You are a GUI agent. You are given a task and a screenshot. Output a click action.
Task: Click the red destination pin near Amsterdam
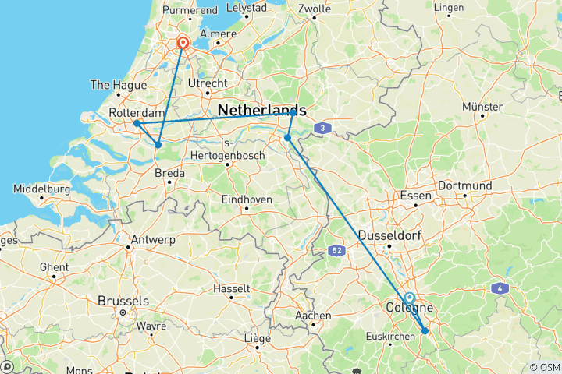click(183, 43)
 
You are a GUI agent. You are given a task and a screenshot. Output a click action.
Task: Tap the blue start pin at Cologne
click(409, 298)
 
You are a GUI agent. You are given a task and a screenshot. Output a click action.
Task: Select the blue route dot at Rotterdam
click(137, 123)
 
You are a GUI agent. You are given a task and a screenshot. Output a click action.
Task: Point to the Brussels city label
click(123, 301)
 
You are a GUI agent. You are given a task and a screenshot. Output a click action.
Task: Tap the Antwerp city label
click(153, 239)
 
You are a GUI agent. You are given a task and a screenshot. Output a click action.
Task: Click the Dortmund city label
click(464, 186)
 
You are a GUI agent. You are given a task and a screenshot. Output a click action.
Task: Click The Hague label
click(115, 84)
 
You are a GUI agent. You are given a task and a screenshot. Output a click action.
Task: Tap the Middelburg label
click(43, 189)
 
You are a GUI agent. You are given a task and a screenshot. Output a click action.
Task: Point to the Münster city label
click(482, 106)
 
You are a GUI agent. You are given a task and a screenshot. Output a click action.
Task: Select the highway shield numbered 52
click(336, 250)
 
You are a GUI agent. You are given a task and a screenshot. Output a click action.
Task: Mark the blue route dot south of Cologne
click(425, 331)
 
